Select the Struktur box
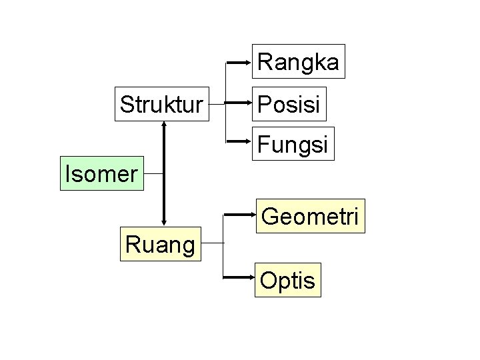[x=161, y=104]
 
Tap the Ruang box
[x=160, y=245]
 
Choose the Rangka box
[x=298, y=62]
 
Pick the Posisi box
[x=289, y=103]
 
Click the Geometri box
[x=311, y=216]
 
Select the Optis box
[x=287, y=280]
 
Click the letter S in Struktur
[x=126, y=104]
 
